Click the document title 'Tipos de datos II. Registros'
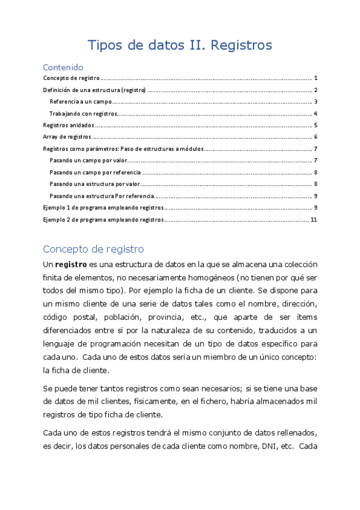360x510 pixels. [x=180, y=45]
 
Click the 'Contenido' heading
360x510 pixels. [x=63, y=67]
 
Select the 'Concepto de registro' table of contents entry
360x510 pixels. [x=71, y=79]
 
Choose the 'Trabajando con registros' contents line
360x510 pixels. [x=82, y=114]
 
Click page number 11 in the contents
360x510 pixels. [x=314, y=220]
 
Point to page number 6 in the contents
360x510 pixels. [x=316, y=137]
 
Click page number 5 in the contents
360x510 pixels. [x=316, y=126]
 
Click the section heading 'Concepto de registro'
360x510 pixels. [x=93, y=249]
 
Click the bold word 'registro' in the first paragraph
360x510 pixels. [x=71, y=265]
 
